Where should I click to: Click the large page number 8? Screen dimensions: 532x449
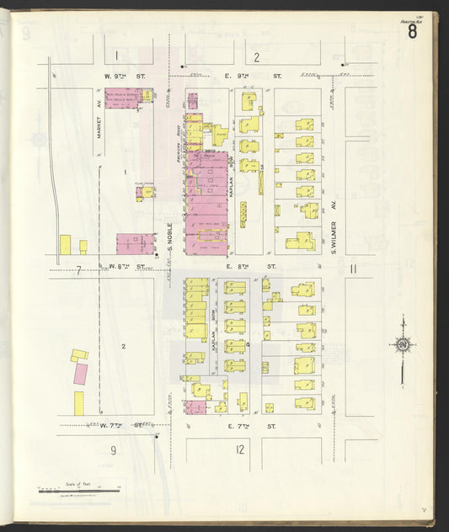[412, 32]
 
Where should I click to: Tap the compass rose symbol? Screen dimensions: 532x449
[403, 343]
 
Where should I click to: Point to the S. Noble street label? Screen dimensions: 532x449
[169, 237]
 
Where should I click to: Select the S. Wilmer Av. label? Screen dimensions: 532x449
[334, 236]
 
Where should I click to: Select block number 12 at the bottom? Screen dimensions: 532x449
[241, 450]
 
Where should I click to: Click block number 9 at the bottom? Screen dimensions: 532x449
[113, 450]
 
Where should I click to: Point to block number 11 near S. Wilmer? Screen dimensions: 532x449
[354, 269]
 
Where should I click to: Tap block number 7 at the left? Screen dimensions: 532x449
[78, 270]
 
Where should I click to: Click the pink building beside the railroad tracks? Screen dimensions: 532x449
[81, 373]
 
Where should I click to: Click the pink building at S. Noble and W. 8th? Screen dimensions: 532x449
[135, 244]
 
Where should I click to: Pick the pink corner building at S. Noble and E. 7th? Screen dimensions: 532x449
[195, 407]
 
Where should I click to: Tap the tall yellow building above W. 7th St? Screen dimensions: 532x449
[79, 402]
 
